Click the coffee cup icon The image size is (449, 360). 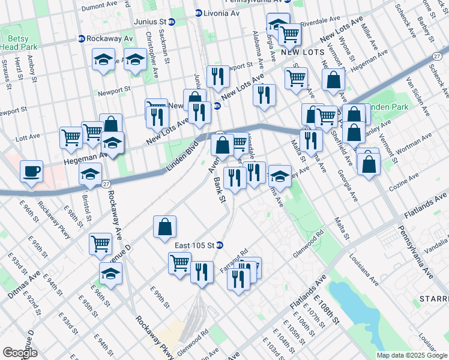click(31, 172)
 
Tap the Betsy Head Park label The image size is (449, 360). click(15, 43)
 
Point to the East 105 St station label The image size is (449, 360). click(195, 245)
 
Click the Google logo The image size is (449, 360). click(20, 353)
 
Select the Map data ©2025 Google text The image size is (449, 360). click(412, 355)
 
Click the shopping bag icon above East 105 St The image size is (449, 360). click(164, 228)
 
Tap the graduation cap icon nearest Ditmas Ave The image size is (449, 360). click(110, 274)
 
